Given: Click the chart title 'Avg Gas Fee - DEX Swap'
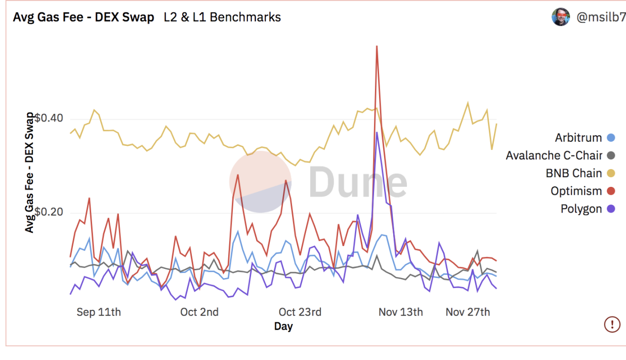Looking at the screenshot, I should pos(84,17).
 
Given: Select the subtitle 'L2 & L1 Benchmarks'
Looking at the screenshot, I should pos(222,17).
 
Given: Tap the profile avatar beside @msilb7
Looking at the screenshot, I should pos(561,17).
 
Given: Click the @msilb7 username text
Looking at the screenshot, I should pos(601,18).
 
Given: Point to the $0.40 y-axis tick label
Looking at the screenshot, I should pos(49,118).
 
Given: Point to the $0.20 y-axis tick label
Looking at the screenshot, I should pos(49,212).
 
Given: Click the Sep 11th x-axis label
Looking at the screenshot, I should pos(99,312).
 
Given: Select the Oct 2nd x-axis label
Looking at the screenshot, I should pos(199,312).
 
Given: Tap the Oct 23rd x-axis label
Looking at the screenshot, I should pos(300,312).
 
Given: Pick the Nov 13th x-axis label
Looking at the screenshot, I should pos(400,312).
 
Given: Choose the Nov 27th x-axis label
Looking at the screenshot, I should pos(468,312).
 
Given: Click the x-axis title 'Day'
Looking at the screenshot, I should pos(283,327).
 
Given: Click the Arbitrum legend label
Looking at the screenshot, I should pos(578,138).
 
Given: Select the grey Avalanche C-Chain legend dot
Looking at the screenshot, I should pos(611,155).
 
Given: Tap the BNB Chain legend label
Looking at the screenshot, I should pos(574,173).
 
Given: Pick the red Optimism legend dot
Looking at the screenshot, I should pos(611,191).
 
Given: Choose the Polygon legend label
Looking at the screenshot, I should pos(581,209).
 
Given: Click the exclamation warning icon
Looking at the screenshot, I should pos(612,324).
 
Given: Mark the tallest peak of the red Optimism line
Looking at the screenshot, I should pos(377,47).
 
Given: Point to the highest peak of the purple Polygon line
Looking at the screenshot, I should pos(377,133).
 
